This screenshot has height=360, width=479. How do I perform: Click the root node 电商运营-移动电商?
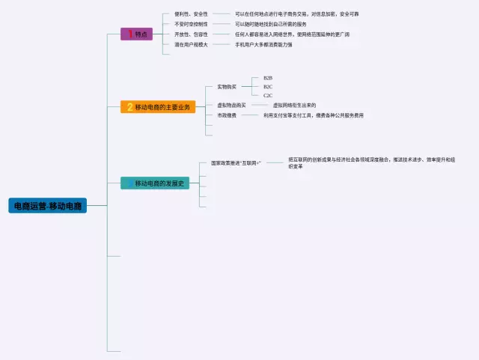pyautogui.click(x=48, y=205)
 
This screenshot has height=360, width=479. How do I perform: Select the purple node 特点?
pyautogui.click(x=141, y=34)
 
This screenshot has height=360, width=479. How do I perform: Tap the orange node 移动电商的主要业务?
pyautogui.click(x=163, y=107)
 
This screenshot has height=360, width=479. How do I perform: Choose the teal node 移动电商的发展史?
pyautogui.click(x=159, y=183)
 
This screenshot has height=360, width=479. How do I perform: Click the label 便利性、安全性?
pyautogui.click(x=191, y=14)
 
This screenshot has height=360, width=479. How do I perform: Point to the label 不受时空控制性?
pyautogui.click(x=191, y=24)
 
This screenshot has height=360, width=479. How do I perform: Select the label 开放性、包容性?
pyautogui.click(x=191, y=34)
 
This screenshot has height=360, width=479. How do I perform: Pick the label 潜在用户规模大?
pyautogui.click(x=191, y=45)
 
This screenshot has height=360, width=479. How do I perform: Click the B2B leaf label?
pyautogui.click(x=268, y=78)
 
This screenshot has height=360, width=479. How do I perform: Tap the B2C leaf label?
pyautogui.click(x=268, y=87)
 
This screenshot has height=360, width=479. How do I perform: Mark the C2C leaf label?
pyautogui.click(x=268, y=96)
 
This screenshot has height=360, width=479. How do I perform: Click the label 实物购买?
pyautogui.click(x=226, y=87)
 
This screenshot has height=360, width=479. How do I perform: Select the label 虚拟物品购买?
pyautogui.click(x=231, y=106)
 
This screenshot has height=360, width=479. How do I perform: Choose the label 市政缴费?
pyautogui.click(x=226, y=115)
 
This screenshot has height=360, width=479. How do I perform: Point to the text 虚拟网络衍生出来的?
pyautogui.click(x=294, y=106)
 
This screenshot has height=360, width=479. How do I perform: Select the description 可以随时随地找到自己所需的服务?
pyautogui.click(x=270, y=24)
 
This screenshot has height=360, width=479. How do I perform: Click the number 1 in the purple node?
pyautogui.click(x=130, y=34)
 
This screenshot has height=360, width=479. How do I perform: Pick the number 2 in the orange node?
pyautogui.click(x=129, y=107)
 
